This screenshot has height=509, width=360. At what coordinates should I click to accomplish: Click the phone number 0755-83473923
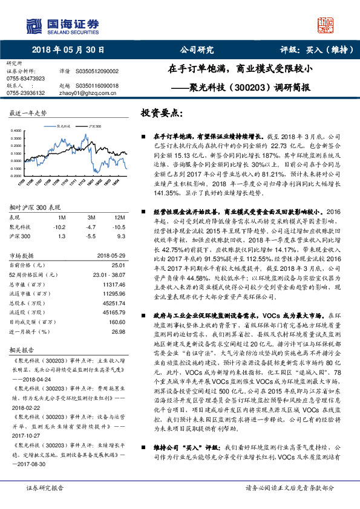[x=25, y=79]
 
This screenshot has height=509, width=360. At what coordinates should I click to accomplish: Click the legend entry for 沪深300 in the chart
[x=94, y=126]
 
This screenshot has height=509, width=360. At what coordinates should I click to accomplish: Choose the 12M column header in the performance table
[x=119, y=216]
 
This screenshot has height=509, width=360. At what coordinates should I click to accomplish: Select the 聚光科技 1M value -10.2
[x=59, y=227]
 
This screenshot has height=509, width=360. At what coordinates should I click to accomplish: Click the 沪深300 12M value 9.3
[x=120, y=237]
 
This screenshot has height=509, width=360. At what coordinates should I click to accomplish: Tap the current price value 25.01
[x=118, y=265]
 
